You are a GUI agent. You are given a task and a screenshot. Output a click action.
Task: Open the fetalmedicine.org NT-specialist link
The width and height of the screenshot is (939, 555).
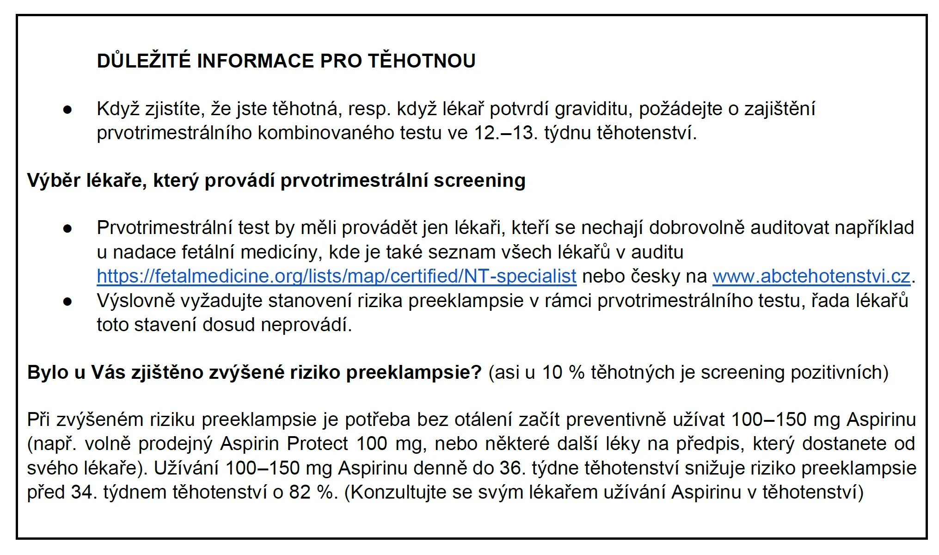336,276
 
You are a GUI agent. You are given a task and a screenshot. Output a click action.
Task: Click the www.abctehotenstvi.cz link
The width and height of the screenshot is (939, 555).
811,276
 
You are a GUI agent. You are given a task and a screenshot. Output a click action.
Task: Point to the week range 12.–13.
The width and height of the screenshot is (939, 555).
505,133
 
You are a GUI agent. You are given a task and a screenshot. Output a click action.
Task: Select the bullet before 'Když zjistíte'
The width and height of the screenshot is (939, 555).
68,110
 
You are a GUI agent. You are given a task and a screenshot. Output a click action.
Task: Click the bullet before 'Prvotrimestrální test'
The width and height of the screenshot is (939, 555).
68,229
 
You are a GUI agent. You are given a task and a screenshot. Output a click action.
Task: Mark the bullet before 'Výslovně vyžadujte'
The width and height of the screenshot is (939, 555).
68,302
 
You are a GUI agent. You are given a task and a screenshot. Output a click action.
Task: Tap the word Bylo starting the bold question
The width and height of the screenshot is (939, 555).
48,372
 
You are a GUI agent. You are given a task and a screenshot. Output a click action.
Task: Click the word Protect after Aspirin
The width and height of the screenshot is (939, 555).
317,444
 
